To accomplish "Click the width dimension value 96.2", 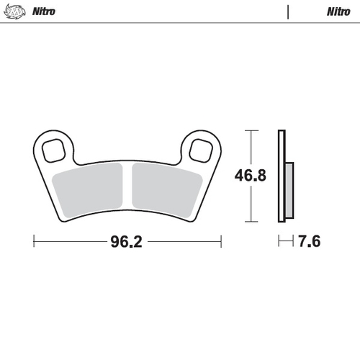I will (x=125, y=241).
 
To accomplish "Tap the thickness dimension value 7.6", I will (x=308, y=241).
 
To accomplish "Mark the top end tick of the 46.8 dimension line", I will (x=250, y=130).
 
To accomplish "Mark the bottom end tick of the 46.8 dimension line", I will (x=250, y=221).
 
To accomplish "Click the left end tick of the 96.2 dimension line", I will (x=35, y=241).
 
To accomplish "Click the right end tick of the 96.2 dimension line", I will (x=221, y=241).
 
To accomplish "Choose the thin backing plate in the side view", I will (x=282, y=176).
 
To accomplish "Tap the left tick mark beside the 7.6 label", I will (x=279, y=241).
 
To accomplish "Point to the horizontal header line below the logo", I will (x=180, y=23).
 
